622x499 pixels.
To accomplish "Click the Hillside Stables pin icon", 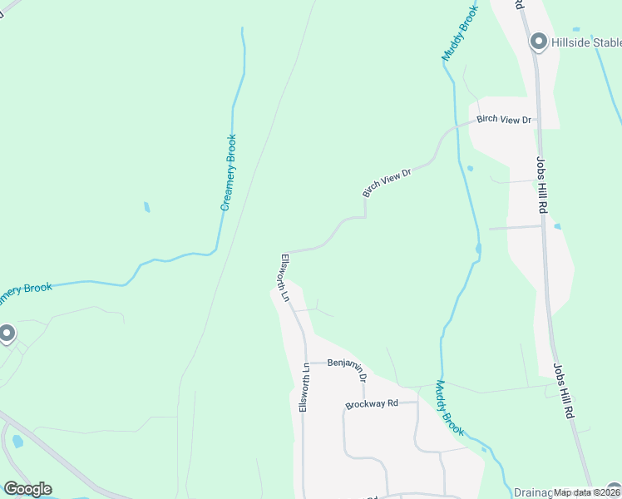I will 539,42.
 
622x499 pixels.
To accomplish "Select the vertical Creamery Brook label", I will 229,172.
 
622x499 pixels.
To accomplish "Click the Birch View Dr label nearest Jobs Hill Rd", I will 504,120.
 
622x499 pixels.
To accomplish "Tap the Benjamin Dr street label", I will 348,367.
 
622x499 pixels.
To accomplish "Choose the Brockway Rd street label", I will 372,404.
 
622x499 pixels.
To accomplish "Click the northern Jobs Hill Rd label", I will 541,185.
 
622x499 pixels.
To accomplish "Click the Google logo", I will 27,489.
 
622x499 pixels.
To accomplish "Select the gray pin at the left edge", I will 7,334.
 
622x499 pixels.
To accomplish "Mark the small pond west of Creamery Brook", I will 147,207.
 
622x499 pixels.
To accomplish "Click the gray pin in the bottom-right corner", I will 614,491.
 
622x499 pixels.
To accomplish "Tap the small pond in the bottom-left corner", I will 17,442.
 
